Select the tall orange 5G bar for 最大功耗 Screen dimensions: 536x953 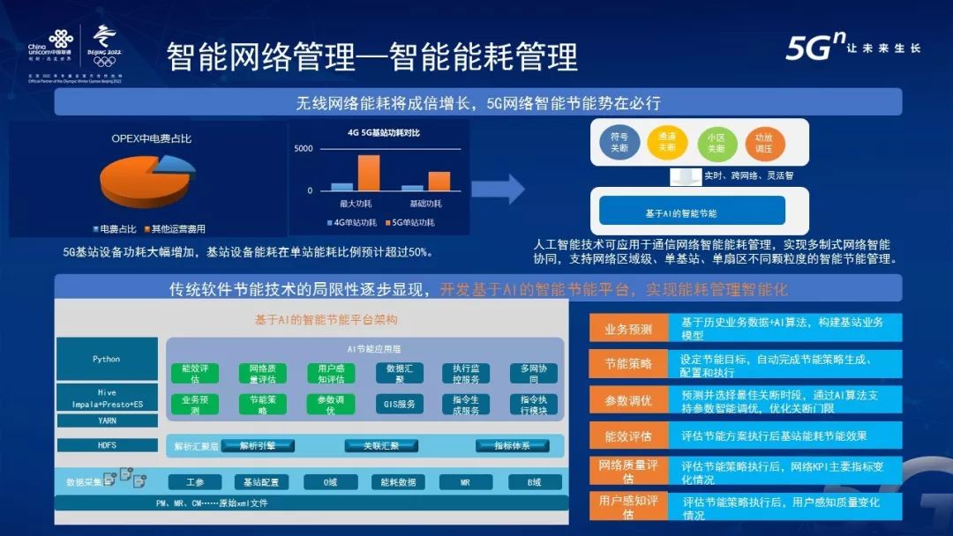[368, 172]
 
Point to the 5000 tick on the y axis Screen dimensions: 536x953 [304, 148]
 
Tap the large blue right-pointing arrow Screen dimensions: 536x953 [498, 188]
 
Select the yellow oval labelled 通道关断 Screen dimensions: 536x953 [667, 142]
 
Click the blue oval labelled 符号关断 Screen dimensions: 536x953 [619, 142]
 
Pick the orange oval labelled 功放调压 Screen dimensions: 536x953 [763, 143]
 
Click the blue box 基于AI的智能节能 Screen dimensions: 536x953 [692, 212]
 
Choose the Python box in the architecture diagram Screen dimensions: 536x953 [107, 359]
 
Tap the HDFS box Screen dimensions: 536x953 [107, 445]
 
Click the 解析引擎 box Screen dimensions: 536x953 [258, 446]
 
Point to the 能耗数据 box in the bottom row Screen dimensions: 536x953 [398, 482]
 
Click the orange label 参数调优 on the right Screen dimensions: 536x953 [628, 400]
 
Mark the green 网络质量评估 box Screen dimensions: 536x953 [264, 373]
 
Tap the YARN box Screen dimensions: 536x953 [107, 421]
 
